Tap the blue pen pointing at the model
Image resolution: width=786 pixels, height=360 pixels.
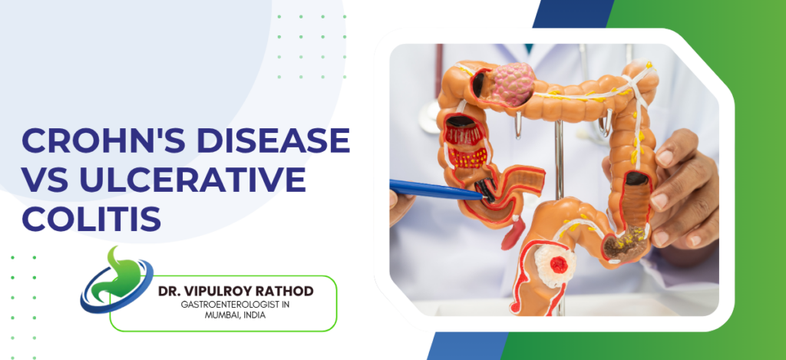pos(438,189)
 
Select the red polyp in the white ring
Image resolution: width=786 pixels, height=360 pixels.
pos(558,266)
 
